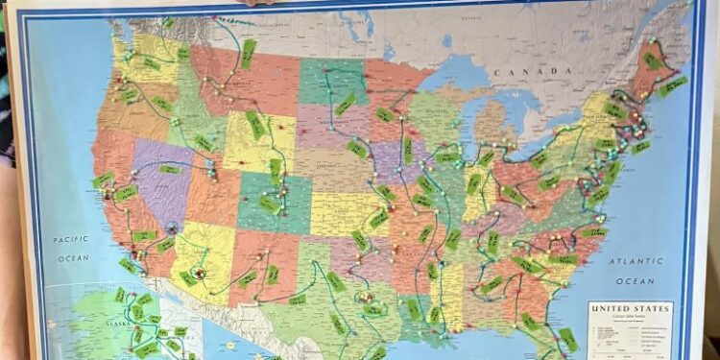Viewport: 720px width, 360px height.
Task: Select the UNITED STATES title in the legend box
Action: point(629,309)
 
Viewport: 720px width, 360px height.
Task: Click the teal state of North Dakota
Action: point(331,82)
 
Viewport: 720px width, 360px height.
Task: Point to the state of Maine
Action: point(657,72)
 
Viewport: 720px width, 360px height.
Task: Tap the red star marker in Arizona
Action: point(200,274)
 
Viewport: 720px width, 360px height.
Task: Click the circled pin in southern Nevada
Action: point(173,228)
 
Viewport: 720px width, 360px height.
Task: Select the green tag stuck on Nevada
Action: point(170,170)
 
